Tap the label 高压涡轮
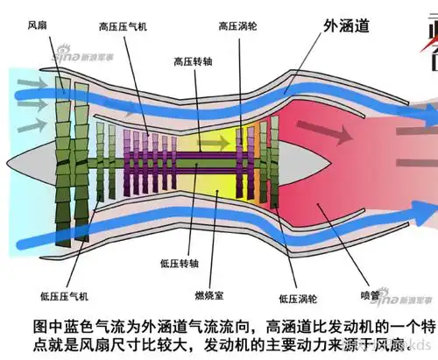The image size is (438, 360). (x=238, y=28)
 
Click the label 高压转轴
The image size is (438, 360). (x=194, y=62)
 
